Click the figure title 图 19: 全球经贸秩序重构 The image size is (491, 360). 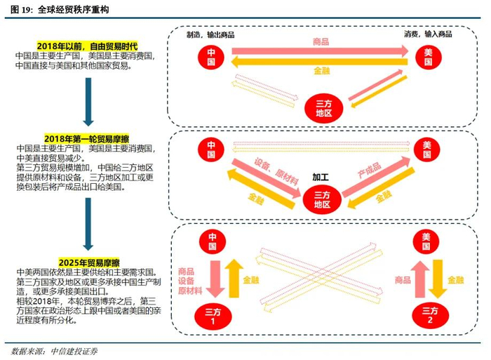coord(60,10)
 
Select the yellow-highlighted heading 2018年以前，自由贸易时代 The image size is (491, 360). coord(88,46)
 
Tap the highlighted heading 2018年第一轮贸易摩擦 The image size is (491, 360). coord(87,138)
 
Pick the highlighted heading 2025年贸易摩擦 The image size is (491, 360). coord(89,262)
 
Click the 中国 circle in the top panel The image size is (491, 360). coord(211,57)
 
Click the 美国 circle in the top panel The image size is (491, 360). coord(428,57)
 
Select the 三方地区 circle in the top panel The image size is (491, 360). coord(324,108)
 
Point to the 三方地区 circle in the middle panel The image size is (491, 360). coord(322,200)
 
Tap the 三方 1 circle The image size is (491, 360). coord(213,316)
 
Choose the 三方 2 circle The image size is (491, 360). coord(430,316)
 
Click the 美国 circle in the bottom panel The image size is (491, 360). coord(426,241)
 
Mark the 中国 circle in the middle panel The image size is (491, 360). coord(211,149)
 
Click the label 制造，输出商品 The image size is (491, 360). coord(210,34)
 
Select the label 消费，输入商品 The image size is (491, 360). coord(428,34)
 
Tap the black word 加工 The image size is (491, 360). coord(321,177)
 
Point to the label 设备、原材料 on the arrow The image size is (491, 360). coord(276,171)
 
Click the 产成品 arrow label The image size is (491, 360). coord(370,171)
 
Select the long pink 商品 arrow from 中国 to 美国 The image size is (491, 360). coord(320,51)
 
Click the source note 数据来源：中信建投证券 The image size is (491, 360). coord(54,351)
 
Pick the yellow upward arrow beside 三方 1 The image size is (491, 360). coord(234,278)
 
